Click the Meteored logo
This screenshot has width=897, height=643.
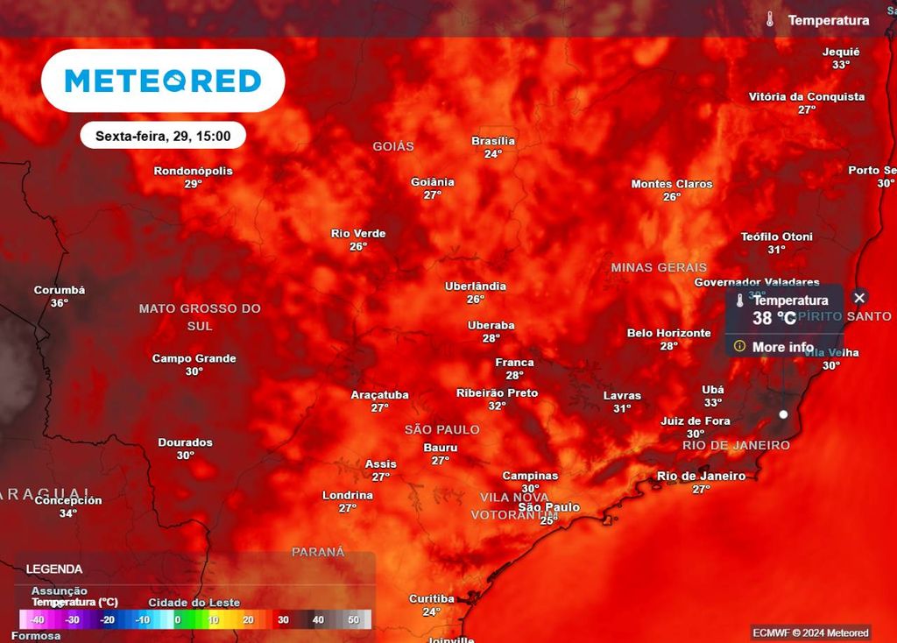point(163,81)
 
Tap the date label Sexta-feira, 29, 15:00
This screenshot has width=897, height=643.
point(163,136)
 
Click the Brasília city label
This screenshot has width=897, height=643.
point(493,141)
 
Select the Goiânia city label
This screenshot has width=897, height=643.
point(433,182)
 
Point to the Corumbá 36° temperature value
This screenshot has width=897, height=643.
point(60,303)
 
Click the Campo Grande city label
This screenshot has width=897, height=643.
point(194,358)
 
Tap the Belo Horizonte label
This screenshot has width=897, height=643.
point(669,333)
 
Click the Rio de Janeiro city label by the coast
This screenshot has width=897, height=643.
point(701,476)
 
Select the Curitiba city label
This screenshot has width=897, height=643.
point(432,599)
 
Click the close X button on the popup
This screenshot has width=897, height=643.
point(859,298)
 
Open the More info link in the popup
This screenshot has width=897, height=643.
point(782,347)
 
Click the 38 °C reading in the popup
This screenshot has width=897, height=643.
point(774,319)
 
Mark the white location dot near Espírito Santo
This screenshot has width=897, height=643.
point(783,413)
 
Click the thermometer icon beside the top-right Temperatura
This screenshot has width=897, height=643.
point(770,19)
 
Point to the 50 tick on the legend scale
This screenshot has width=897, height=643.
point(354,619)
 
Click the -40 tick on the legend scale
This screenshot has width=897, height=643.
point(38,619)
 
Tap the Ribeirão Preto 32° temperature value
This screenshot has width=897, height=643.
point(497,406)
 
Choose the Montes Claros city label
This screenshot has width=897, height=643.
point(672,184)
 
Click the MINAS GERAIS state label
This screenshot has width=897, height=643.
point(659,267)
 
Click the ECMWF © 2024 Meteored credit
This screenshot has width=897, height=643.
point(810,632)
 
